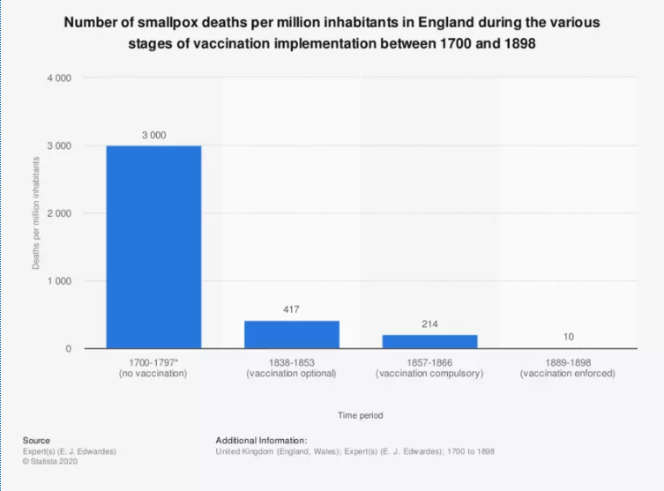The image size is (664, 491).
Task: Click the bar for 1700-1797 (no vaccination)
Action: point(153,247)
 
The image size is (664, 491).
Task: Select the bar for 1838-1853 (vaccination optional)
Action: point(292,334)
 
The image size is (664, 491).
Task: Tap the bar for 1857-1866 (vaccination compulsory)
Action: point(429,341)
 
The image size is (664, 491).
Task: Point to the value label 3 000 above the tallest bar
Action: point(153,135)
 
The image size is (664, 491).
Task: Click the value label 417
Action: point(292,309)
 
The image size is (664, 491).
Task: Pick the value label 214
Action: point(429,324)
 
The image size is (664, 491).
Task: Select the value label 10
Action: point(568,337)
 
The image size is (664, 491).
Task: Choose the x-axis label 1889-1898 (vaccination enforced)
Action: point(568,368)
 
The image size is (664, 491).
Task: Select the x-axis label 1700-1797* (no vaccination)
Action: point(153,368)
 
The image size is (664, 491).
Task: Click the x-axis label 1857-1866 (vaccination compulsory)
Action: point(429,368)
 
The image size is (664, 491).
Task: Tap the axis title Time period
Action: point(360,414)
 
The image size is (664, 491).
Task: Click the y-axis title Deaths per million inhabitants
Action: point(37,213)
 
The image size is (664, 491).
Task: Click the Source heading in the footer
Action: point(36,440)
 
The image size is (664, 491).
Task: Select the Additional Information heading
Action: point(261,440)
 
